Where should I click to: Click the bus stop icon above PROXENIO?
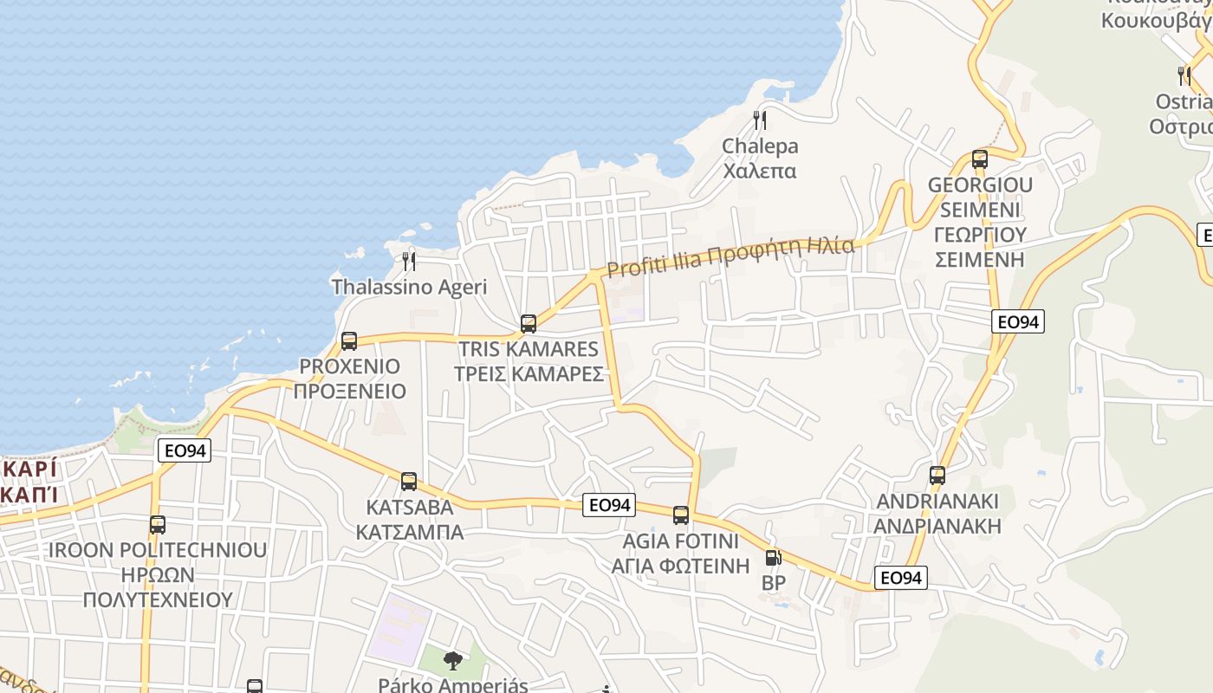pos(349,341)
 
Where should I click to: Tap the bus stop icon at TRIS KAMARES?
pos(529,325)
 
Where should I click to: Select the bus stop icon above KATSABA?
pos(409,482)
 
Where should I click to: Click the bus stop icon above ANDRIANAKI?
pos(937,476)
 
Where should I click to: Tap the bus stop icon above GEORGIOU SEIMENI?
pos(980,159)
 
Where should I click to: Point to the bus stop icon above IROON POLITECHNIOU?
pos(157,525)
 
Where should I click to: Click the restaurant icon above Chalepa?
pos(760,120)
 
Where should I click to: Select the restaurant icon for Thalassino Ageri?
pos(409,261)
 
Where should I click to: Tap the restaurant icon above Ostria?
pos(1184,76)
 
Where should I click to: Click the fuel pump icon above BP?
pos(773,559)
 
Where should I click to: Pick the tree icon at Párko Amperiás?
pos(452,662)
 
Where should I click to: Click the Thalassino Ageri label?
pos(409,287)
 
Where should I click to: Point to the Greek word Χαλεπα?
pos(760,171)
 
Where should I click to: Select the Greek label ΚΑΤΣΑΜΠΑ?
pos(410,531)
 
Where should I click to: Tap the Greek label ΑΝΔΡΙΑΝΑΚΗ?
pos(937,526)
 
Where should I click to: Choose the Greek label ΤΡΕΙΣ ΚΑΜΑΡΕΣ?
pos(529,373)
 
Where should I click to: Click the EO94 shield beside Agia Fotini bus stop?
pos(609,505)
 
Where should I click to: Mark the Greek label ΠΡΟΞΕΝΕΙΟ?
pos(349,391)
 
